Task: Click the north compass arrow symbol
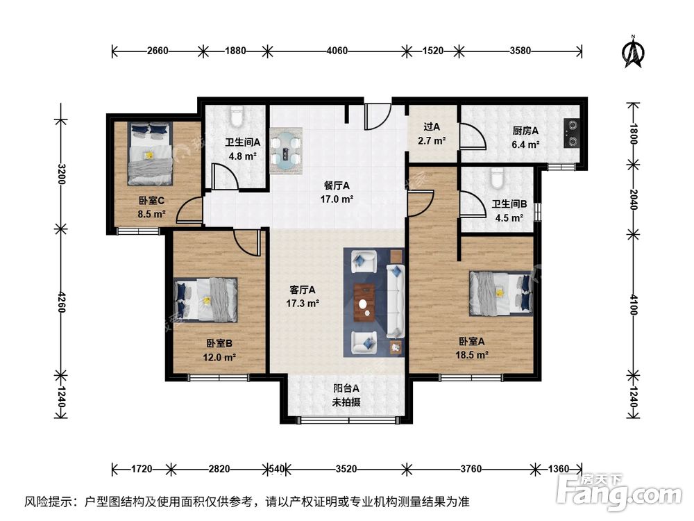(633, 53)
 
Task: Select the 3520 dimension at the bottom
(346, 469)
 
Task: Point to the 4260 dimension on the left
(62, 302)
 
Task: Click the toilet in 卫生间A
(236, 113)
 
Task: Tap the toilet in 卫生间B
(496, 179)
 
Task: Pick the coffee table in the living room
(362, 303)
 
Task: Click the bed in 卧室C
(150, 154)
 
